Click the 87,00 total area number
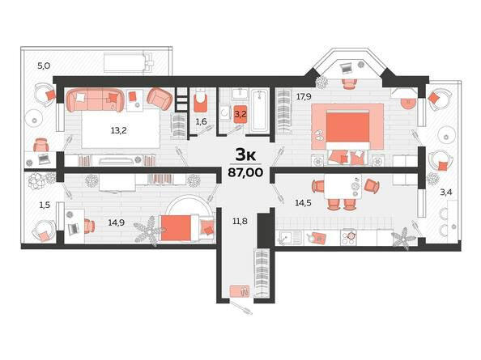[x=245, y=172]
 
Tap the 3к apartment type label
[x=245, y=155]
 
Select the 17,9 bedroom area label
[x=304, y=97]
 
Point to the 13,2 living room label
[x=119, y=130]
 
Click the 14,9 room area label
[x=117, y=222]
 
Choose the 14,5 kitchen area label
[x=303, y=202]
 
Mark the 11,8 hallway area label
[x=240, y=221]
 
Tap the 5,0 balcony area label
[x=44, y=66]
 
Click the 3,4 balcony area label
[x=446, y=193]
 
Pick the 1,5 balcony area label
[x=45, y=205]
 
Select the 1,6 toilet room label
[x=202, y=121]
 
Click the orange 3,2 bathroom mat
[x=240, y=114]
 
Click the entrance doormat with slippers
[x=240, y=290]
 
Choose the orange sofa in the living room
[x=95, y=100]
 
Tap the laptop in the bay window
[x=347, y=68]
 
